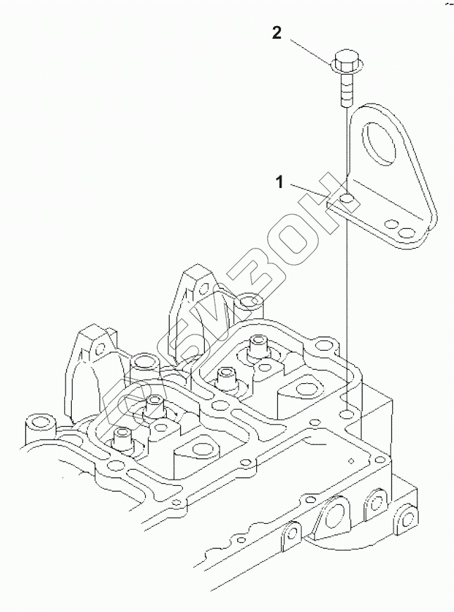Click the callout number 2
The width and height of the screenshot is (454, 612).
click(x=278, y=33)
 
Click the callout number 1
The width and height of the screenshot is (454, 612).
click(x=279, y=183)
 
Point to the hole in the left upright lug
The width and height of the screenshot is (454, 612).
click(x=100, y=345)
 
